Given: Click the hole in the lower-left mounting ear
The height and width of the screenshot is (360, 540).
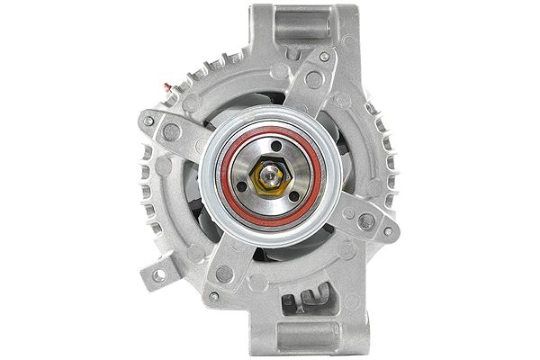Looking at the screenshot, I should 160,274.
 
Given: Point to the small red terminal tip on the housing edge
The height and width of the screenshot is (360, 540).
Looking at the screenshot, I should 166,87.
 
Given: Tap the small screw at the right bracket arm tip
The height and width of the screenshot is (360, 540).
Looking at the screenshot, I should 388,231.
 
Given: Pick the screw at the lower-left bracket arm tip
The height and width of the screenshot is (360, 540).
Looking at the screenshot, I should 213,296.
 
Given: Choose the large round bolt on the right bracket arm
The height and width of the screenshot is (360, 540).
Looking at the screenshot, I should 366,220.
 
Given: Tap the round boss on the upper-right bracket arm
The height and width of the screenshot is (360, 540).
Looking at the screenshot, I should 314,78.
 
